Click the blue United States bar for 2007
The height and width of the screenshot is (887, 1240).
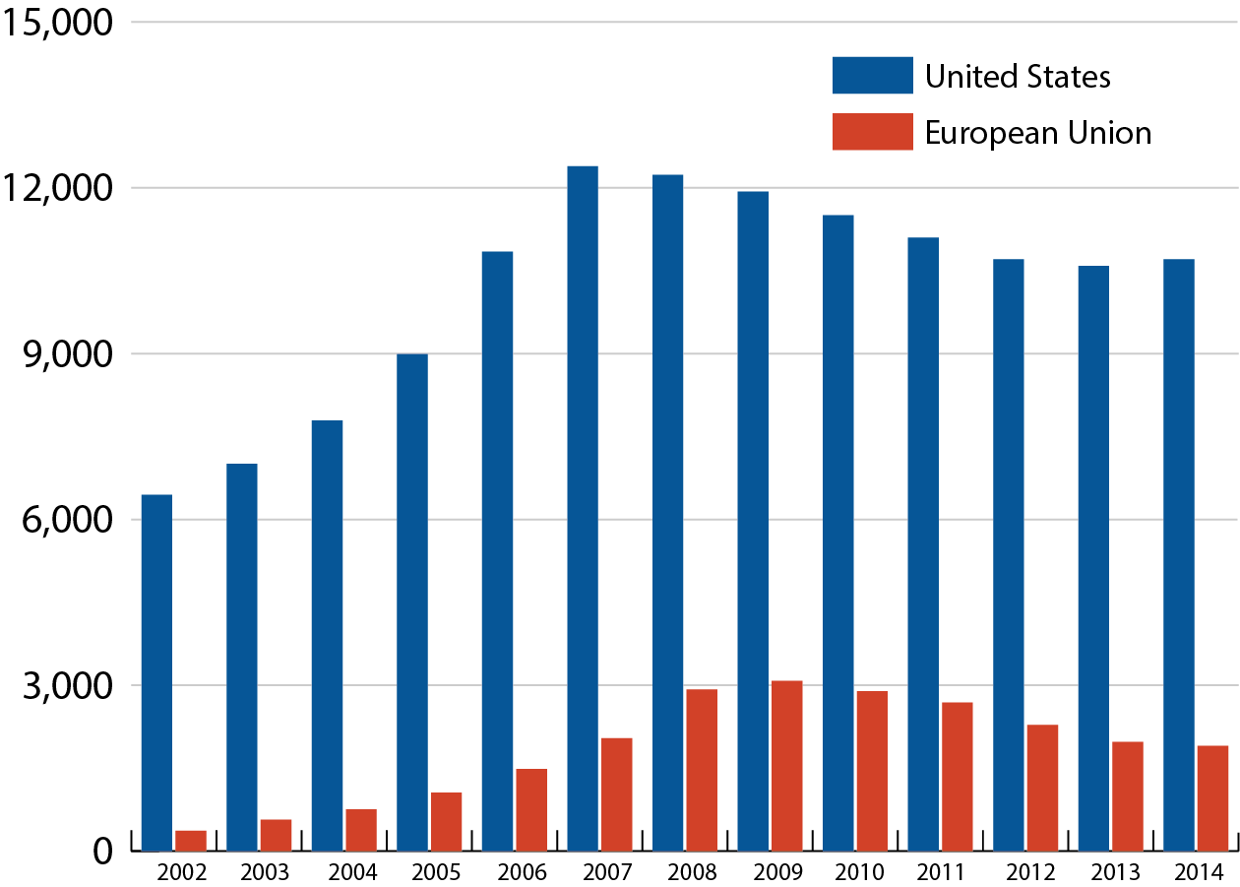[x=583, y=508]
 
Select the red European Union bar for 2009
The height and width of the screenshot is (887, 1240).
[x=786, y=766]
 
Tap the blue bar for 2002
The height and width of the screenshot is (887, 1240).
[x=156, y=672]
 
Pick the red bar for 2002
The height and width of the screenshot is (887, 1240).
[x=191, y=841]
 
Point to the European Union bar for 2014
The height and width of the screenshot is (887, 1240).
[x=1212, y=798]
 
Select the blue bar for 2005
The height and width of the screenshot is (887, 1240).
[x=412, y=602]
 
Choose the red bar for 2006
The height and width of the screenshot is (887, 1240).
[x=531, y=809]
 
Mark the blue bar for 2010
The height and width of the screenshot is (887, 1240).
[x=838, y=533]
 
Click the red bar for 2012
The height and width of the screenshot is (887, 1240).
[x=1042, y=788]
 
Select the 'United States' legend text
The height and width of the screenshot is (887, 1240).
[x=1018, y=76]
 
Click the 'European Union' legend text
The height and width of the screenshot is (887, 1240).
[x=1037, y=132]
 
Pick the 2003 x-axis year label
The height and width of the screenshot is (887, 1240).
[x=265, y=872]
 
